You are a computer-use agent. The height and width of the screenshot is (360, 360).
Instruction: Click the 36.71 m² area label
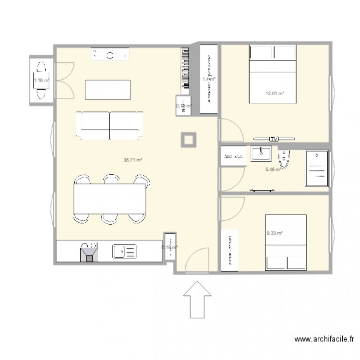pos(132,160)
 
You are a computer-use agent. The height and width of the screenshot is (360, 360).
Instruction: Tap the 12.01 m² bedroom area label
pos(275,94)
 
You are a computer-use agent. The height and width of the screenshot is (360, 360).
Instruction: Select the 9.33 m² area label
pos(275,233)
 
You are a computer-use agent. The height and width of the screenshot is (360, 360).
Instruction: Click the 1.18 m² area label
pos(41,80)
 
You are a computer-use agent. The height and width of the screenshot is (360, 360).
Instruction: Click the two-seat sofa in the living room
pos(110,125)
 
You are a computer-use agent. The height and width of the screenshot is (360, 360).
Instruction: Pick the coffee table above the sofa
pos(108,89)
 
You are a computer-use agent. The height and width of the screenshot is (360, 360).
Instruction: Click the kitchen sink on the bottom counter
pos(124,251)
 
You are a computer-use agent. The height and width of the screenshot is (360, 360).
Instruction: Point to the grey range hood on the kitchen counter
pos(89,252)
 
